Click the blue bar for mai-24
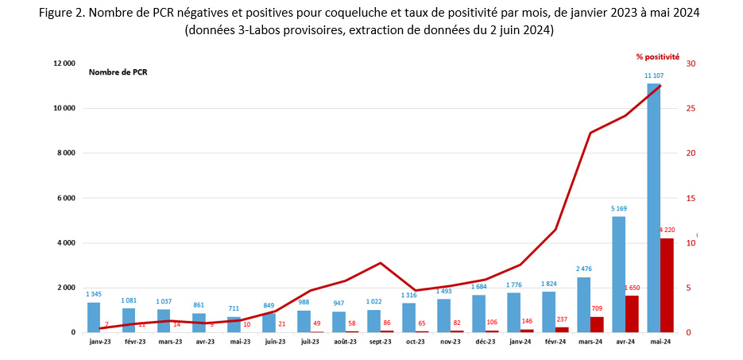coord(653,207)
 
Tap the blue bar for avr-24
coord(618,274)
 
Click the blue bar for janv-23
coord(94,317)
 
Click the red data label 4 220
coord(667,230)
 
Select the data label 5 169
coord(618,208)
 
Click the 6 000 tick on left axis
coord(66,198)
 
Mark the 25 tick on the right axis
coord(691,108)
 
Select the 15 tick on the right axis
coord(691,198)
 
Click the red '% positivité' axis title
coord(657,56)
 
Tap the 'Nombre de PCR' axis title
coord(118,72)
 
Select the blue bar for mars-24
coord(583,304)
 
